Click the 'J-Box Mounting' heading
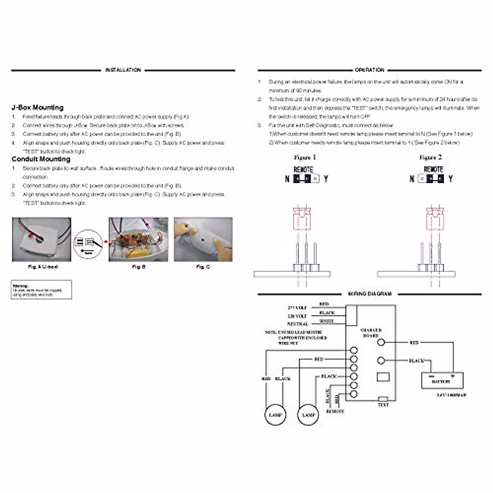pos(37,108)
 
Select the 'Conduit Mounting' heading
pos(41,159)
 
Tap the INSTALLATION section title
pos(123,70)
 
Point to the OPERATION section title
pos(369,70)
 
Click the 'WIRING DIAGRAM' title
pos(369,294)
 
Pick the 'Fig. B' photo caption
pos(138,267)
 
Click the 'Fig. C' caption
pos(203,267)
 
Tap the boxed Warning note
pos(41,290)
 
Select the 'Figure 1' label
pos(305,157)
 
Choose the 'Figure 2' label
pos(430,157)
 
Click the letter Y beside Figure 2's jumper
pos(451,179)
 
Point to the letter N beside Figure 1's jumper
pos(287,179)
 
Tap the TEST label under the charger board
pos(383,405)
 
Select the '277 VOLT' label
pos(297,308)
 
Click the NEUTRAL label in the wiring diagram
pos(298,324)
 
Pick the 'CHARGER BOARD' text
pos(371,333)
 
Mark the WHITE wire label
pos(327,321)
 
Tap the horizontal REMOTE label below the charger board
pos(335,411)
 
